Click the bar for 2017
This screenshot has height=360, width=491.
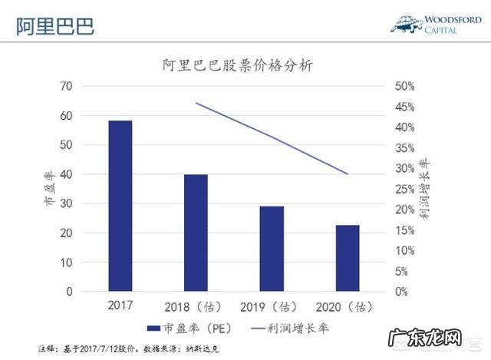120,206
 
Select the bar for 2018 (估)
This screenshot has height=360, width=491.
196,233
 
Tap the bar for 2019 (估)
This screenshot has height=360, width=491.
271,249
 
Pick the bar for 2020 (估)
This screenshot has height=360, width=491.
347,258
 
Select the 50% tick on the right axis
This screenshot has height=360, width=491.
405,86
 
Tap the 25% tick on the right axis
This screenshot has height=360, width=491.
405,189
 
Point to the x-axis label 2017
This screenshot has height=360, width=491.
120,306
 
